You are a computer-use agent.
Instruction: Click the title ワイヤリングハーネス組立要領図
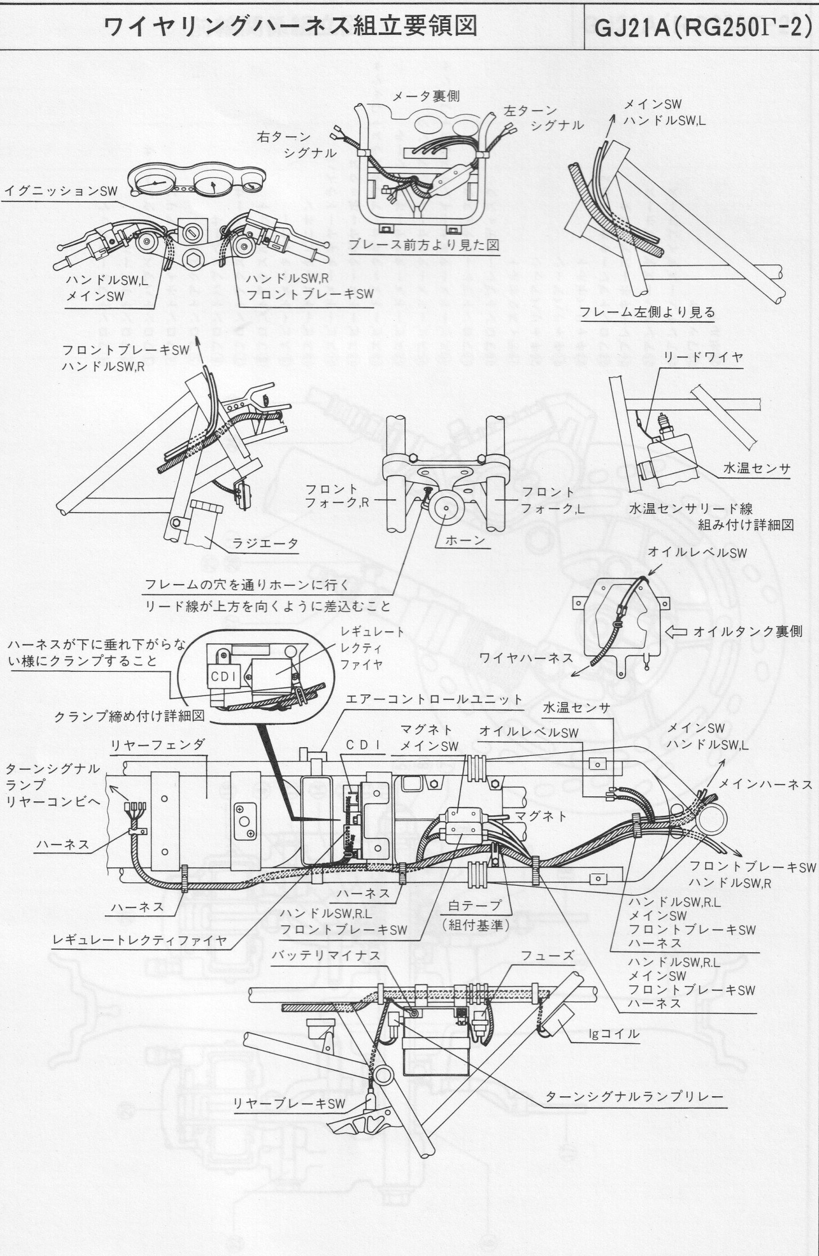(291, 26)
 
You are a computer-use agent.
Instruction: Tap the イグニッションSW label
(61, 191)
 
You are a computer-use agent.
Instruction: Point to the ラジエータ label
(265, 544)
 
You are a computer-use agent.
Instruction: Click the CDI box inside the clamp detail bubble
(225, 674)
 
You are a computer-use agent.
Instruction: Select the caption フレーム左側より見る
(647, 312)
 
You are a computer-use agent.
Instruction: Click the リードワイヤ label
(704, 357)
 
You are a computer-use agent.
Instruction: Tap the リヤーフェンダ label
(157, 746)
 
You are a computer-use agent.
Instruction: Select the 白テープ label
(474, 905)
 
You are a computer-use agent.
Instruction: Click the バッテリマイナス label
(326, 956)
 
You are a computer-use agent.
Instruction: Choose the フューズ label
(539, 956)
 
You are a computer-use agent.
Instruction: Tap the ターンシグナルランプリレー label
(634, 1097)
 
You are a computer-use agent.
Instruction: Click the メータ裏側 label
(426, 96)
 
